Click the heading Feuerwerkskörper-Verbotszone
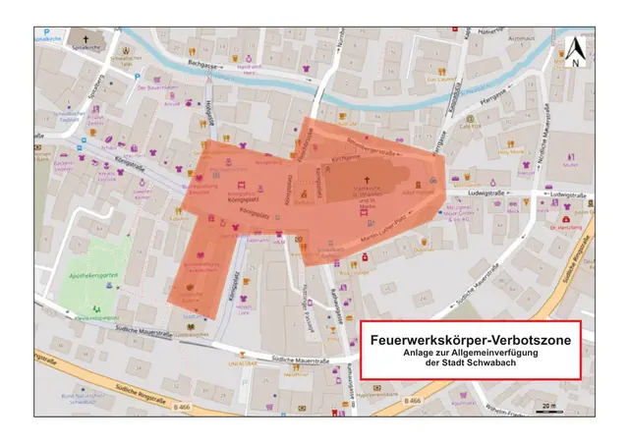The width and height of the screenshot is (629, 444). [x=470, y=339]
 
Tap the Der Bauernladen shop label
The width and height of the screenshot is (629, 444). [x=156, y=86]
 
